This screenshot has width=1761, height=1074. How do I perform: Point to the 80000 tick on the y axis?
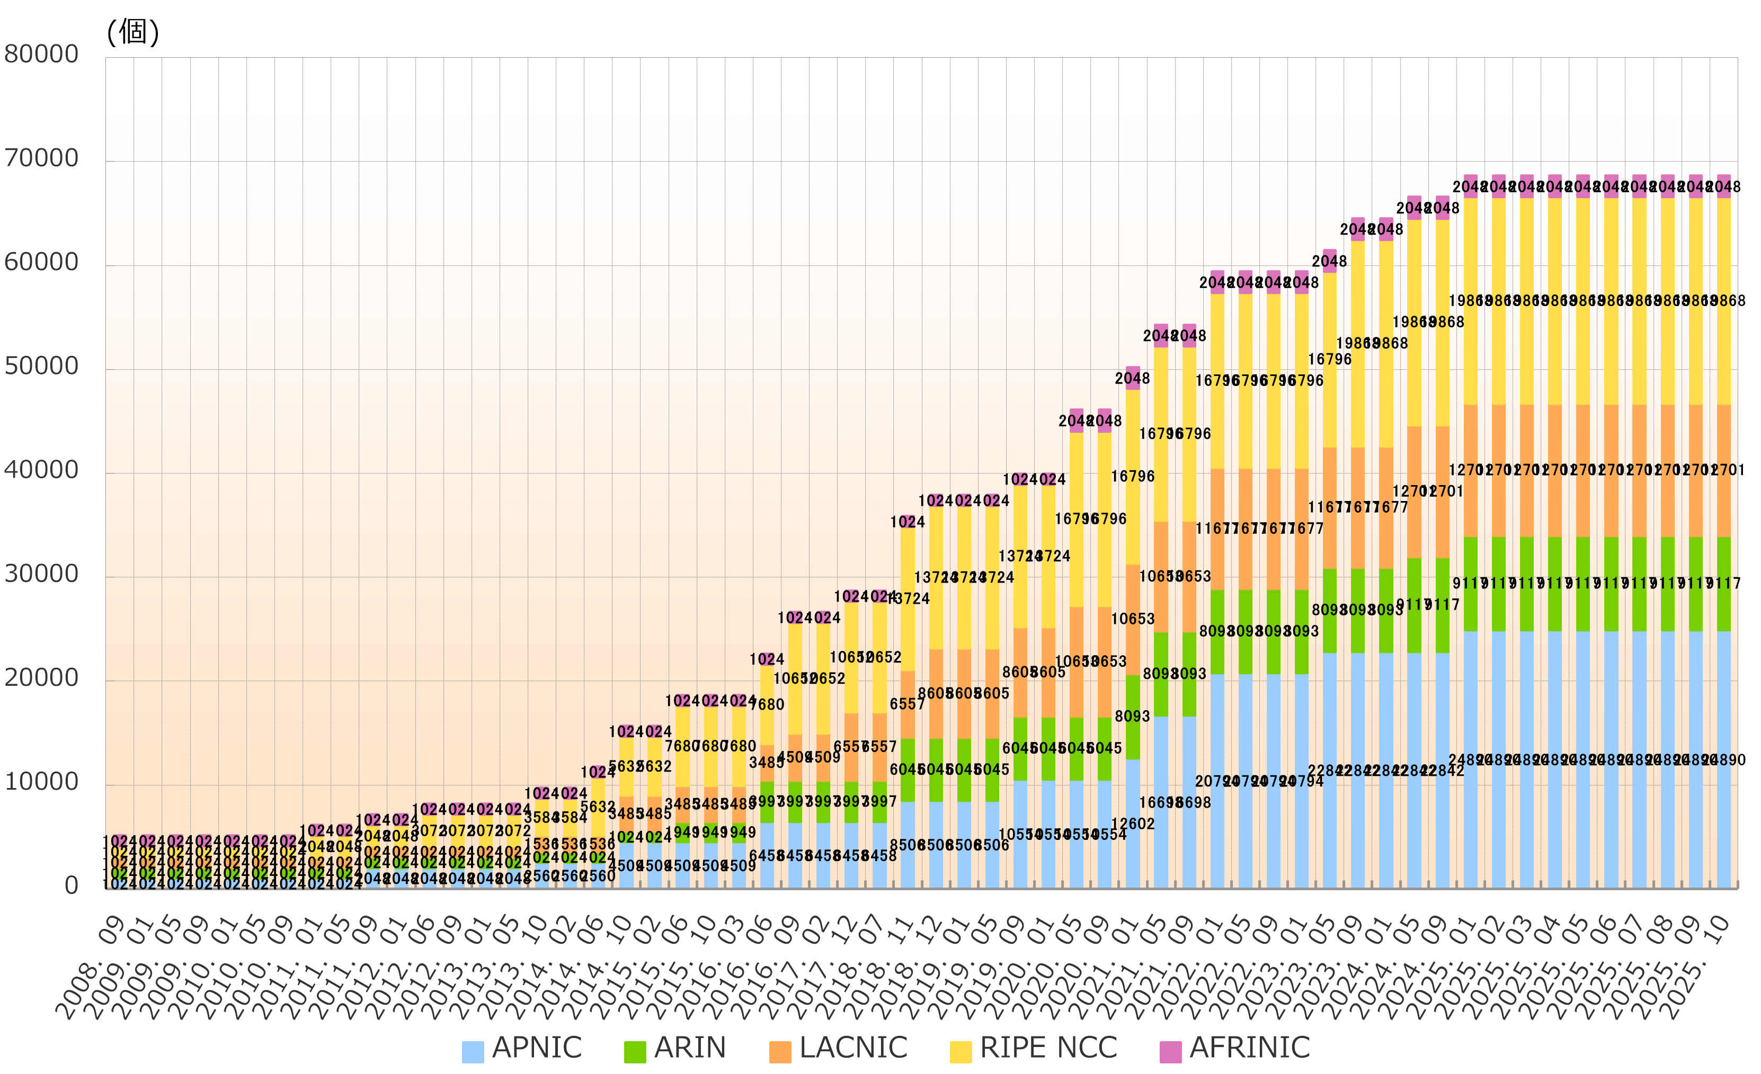pyautogui.click(x=41, y=55)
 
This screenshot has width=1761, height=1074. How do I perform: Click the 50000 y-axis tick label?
pyautogui.click(x=41, y=366)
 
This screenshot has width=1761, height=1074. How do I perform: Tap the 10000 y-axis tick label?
pyautogui.click(x=41, y=782)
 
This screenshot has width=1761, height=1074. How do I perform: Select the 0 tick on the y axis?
pyautogui.click(x=72, y=886)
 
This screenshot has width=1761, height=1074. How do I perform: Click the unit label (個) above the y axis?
pyautogui.click(x=133, y=31)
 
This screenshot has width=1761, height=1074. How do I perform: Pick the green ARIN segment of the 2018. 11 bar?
pyautogui.click(x=908, y=769)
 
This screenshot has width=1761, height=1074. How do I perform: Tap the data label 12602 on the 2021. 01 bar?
pyautogui.click(x=1133, y=824)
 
